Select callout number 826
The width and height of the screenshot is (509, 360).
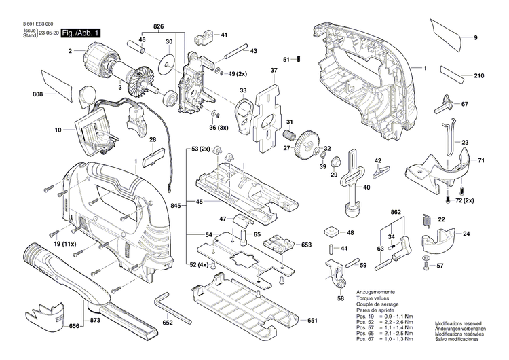tap(158, 26)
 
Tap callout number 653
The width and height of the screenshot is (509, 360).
tap(306, 244)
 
